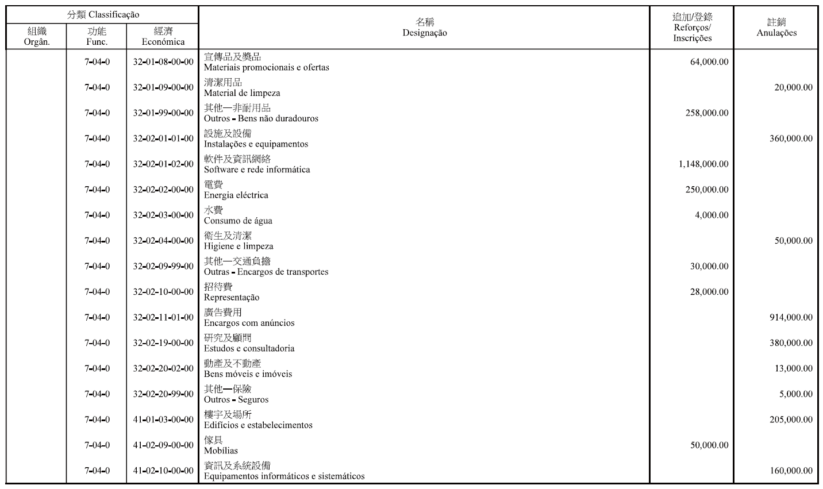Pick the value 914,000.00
pos(791,318)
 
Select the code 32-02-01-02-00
pos(163,164)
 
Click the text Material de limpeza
pos(242,93)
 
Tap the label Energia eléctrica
pos(236,195)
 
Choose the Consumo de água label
pos(238,221)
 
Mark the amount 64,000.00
pos(709,62)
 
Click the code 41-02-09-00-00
pos(163,445)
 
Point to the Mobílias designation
pos(221,451)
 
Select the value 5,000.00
pos(796,394)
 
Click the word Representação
pos(232,298)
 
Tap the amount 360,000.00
pos(791,138)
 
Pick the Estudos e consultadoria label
pos(249,349)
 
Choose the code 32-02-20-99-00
pos(163,394)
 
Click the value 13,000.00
pos(793,369)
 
